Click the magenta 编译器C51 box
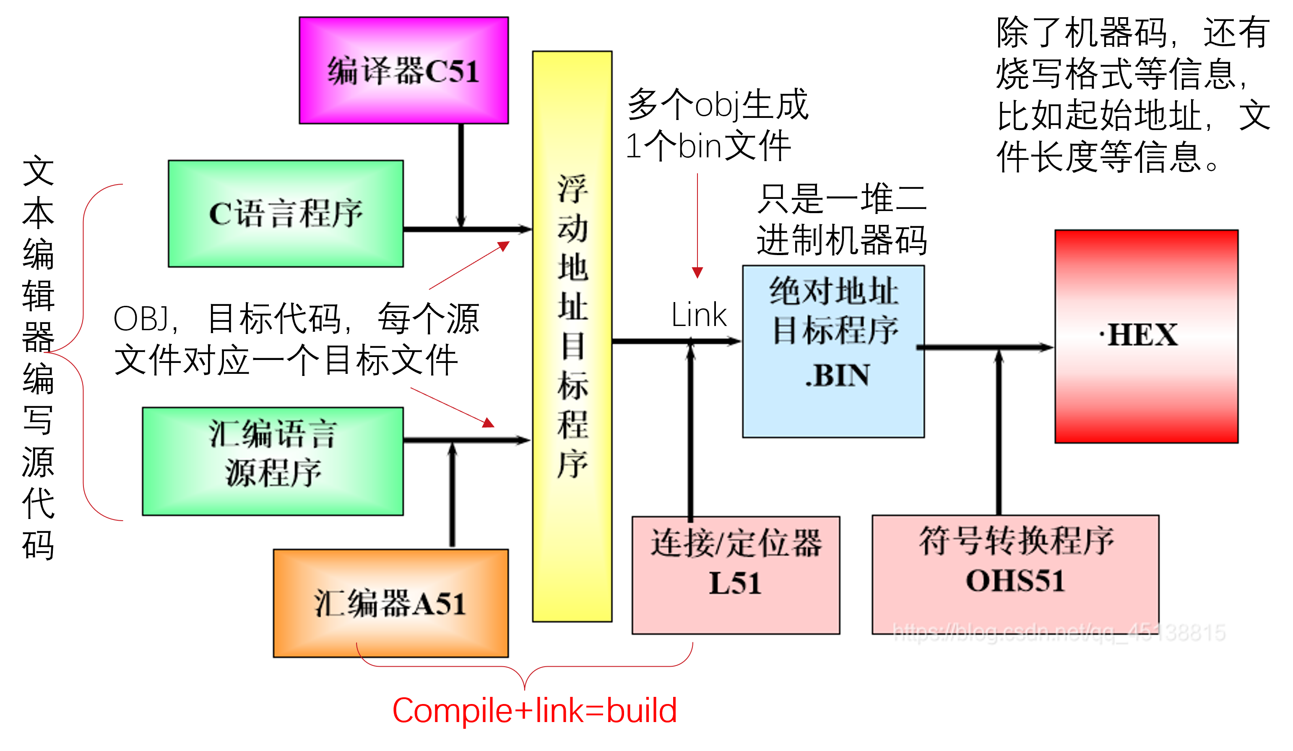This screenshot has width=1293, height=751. point(404,70)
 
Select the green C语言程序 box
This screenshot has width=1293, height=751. point(286,214)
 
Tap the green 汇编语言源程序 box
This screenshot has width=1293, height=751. point(273,462)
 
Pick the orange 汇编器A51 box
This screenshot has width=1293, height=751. point(391,604)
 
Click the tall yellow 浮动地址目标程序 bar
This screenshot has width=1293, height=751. point(572,336)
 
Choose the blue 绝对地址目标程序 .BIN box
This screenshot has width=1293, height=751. point(833,352)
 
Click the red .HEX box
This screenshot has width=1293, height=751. point(1146,336)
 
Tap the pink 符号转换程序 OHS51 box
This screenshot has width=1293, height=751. point(1015,575)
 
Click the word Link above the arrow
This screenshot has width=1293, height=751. point(699,315)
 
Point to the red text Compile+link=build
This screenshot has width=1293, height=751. point(535,711)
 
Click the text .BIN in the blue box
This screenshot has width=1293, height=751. point(838,375)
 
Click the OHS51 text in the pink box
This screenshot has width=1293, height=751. point(1015,581)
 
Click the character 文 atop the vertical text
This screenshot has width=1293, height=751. point(38,172)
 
